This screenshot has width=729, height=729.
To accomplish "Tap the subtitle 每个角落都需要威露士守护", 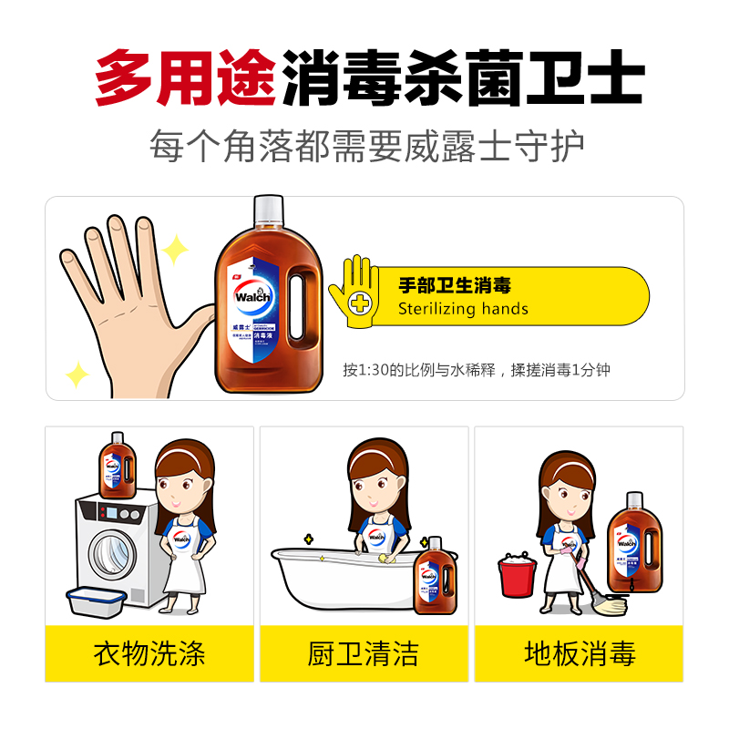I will [x=366, y=146].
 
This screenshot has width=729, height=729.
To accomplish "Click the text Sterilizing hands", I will [x=463, y=309].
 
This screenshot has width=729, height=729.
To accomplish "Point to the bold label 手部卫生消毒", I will [x=455, y=284].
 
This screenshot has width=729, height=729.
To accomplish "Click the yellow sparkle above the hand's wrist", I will [x=77, y=374].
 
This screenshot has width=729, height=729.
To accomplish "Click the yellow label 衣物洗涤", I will [x=149, y=652].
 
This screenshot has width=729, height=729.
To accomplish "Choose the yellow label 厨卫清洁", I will [x=364, y=652].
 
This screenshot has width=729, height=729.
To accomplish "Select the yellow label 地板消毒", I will [x=579, y=652].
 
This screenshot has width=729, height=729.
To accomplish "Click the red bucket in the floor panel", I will [x=517, y=577].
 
